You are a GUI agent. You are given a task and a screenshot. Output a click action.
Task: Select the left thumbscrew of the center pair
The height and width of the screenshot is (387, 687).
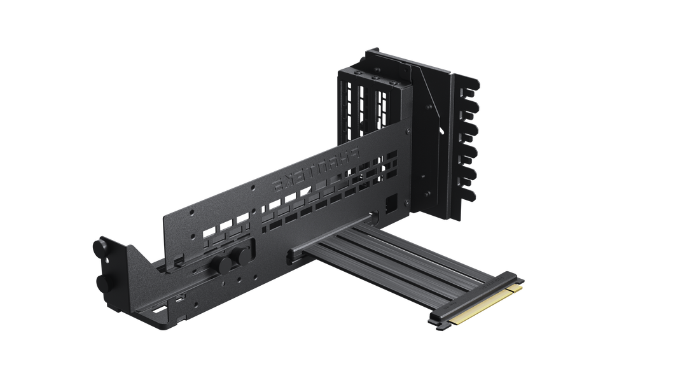tap(221, 264)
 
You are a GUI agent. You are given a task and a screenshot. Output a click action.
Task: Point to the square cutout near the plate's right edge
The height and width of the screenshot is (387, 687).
tap(391, 202)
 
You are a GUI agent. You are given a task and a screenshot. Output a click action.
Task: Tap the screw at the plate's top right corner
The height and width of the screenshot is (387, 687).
tap(408, 130)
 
